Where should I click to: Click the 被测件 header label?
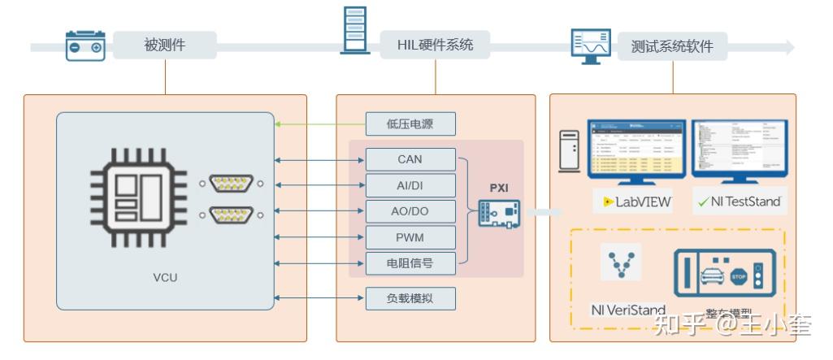[x=165, y=46]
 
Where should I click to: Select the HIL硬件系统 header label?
[x=436, y=46]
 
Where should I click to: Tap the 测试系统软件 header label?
[x=671, y=46]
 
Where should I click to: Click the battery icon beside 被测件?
[x=85, y=46]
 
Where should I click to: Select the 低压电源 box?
[x=410, y=124]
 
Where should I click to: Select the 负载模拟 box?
[x=410, y=298]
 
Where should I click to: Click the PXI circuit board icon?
[x=498, y=213]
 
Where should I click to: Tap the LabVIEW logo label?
[x=638, y=202]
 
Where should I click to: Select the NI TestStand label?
[x=740, y=202]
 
